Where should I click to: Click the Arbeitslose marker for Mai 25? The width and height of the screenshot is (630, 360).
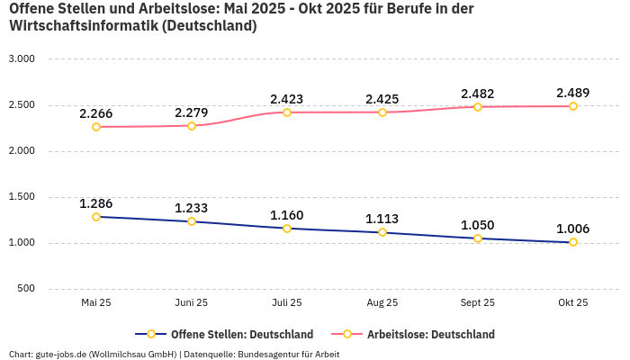point(96,127)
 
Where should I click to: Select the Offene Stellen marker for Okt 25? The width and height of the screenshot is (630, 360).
point(573,242)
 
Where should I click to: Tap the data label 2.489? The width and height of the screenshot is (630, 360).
point(573,93)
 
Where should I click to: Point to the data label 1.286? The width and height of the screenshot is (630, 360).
point(96,203)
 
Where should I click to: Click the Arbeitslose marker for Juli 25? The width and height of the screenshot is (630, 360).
point(287,112)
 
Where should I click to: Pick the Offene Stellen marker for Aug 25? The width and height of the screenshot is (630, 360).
point(382,232)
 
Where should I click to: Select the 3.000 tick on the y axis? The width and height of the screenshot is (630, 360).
point(21,58)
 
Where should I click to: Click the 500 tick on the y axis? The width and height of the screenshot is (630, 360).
point(26,288)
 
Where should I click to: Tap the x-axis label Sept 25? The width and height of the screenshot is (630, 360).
point(478,303)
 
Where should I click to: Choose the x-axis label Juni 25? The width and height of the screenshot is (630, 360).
point(192,303)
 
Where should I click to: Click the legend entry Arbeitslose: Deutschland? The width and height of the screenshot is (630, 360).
point(430,334)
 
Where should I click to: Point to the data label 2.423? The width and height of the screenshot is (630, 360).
point(287,99)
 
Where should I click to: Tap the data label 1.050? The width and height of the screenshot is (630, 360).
point(478,225)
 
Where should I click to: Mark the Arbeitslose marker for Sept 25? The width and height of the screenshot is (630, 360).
point(478,107)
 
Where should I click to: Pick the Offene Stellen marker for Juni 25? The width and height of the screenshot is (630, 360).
point(192,221)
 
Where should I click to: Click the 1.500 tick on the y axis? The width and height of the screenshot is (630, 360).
point(21,196)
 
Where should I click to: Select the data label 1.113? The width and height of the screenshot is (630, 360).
point(382,219)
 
